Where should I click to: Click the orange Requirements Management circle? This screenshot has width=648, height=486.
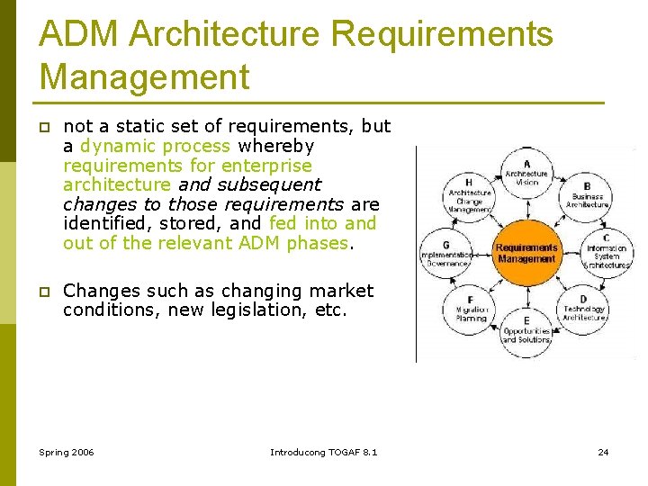point(526,252)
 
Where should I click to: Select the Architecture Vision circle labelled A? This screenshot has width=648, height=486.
point(526,174)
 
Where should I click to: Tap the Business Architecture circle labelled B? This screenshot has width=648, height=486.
point(587,195)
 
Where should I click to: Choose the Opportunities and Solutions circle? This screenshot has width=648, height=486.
point(526,330)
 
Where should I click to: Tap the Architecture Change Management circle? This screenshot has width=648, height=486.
point(470,195)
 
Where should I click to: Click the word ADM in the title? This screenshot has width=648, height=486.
point(79,34)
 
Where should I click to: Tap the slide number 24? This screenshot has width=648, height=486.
point(603,451)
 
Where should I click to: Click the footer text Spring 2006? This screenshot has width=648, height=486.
point(67,451)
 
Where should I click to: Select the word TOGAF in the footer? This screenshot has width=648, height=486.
point(342,451)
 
